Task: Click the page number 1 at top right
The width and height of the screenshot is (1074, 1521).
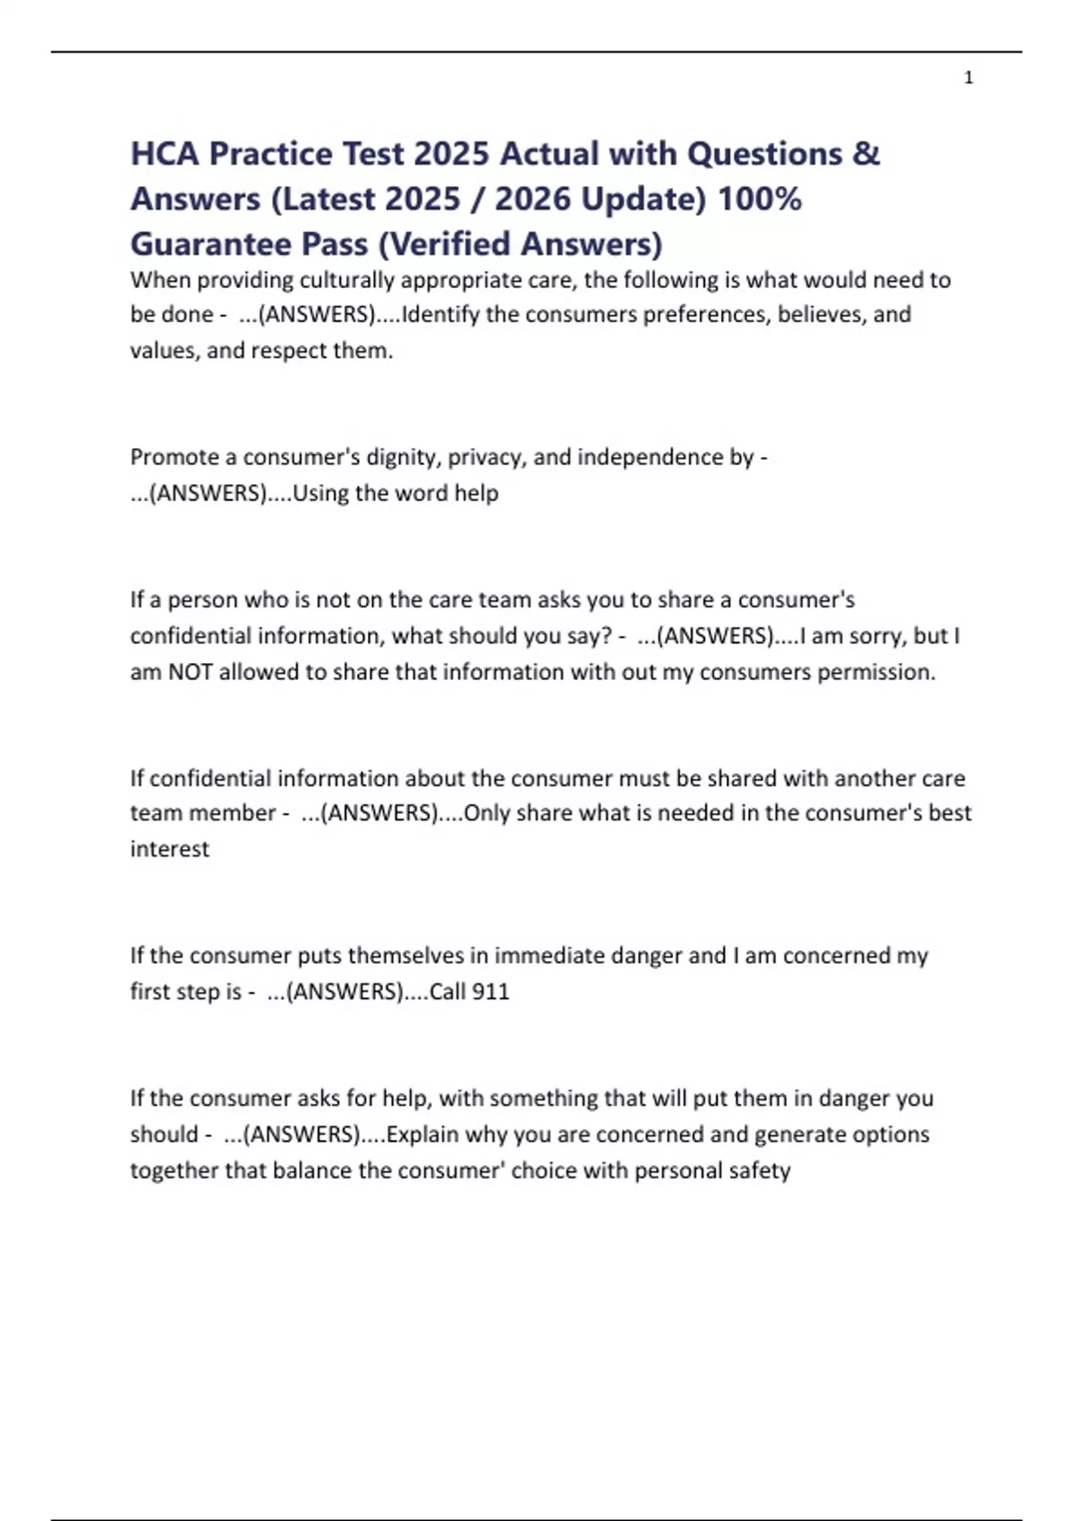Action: [x=968, y=79]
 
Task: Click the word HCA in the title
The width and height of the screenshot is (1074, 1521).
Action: [x=165, y=154]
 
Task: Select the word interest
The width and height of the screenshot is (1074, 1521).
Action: [x=169, y=849]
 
